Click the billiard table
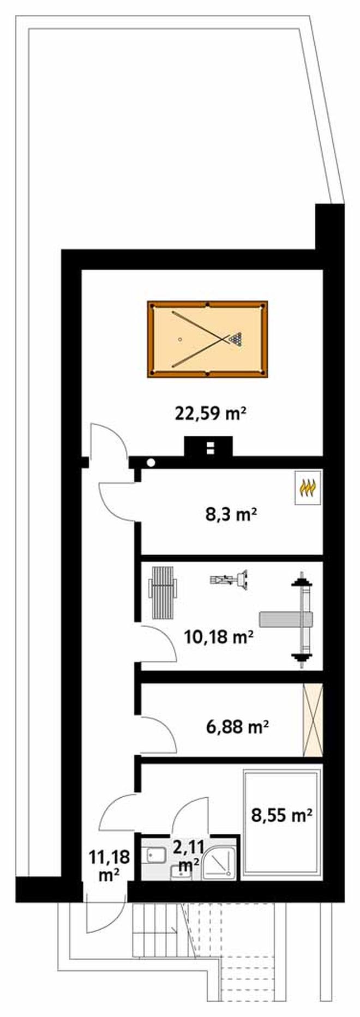tap(207, 339)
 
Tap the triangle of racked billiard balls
tap(235, 339)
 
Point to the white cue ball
tap(179, 339)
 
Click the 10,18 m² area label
tap(219, 636)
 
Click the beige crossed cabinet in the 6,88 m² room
tap(313, 720)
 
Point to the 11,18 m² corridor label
tap(110, 867)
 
